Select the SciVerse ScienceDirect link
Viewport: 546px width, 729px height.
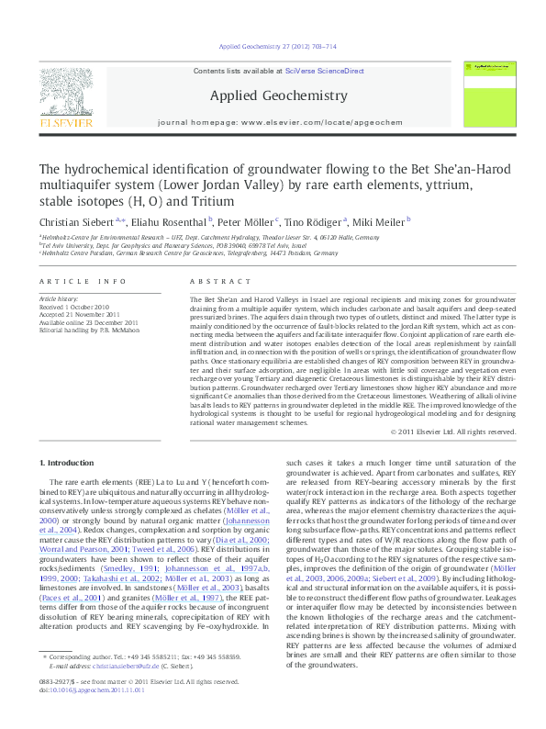(x=325, y=71)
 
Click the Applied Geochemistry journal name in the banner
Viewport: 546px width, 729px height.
(x=279, y=95)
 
